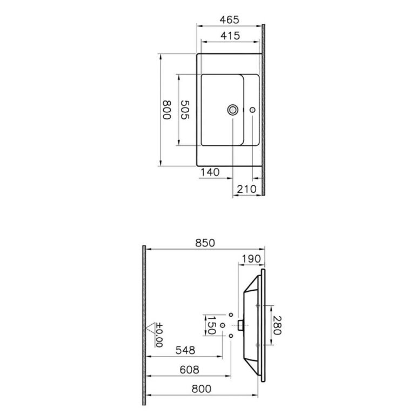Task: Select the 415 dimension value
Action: tap(230, 35)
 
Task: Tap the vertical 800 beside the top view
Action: tap(166, 110)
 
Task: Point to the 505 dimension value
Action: tap(184, 110)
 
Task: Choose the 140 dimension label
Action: tap(209, 172)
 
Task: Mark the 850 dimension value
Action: tap(204, 243)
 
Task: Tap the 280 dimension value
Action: tap(277, 325)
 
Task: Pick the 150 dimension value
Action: tap(212, 325)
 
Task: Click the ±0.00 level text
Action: tap(159, 334)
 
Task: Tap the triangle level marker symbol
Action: tap(151, 327)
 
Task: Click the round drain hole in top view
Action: tap(233, 110)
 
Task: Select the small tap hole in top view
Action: tap(252, 110)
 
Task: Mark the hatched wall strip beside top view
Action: tap(264, 108)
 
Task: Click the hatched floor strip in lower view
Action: tap(144, 324)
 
